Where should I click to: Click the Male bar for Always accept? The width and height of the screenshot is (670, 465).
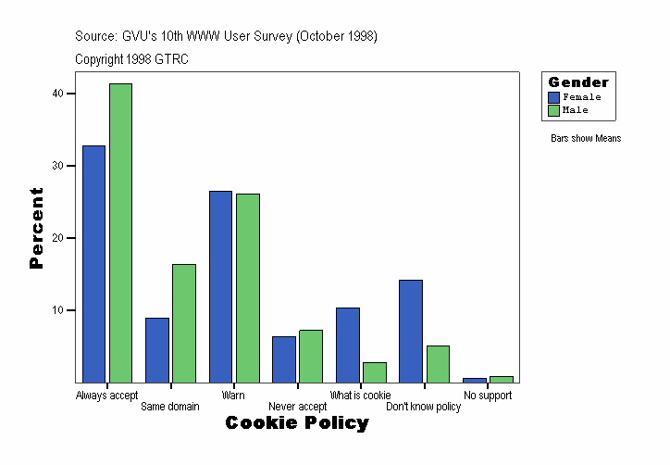[x=120, y=232]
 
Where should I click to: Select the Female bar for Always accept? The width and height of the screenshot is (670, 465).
[x=93, y=264]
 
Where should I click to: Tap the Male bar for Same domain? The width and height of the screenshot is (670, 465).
[x=184, y=323]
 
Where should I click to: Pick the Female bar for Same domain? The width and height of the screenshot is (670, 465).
[x=157, y=350]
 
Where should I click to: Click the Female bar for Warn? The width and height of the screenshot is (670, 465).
[x=220, y=286]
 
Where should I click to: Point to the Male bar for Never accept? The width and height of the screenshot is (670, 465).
[x=311, y=356]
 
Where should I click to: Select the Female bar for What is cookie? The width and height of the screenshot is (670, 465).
[x=348, y=345]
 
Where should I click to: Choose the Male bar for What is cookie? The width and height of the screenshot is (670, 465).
[x=375, y=372]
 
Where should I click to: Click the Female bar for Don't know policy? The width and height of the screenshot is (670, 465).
[x=411, y=331]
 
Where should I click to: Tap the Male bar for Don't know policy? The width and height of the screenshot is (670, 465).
[x=438, y=364]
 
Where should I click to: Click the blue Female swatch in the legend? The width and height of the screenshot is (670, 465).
[x=554, y=97]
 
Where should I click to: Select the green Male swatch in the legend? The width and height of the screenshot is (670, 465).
[x=554, y=110]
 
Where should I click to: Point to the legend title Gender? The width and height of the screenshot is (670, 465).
[x=578, y=82]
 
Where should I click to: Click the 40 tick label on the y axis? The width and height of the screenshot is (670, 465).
[x=57, y=94]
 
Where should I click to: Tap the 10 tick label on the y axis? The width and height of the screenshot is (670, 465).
[x=57, y=310]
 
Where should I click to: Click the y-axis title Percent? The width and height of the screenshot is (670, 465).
[x=36, y=228]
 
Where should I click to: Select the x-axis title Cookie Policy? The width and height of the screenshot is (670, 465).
[x=297, y=423]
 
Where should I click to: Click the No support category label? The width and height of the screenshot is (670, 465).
[x=488, y=396]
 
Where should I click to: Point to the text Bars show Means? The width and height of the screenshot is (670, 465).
[x=586, y=139]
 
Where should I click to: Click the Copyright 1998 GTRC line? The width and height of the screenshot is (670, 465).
[x=132, y=59]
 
